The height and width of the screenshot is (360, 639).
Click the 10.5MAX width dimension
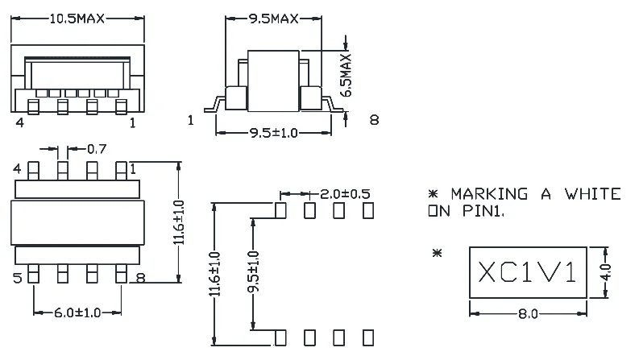pyautogui.click(x=77, y=19)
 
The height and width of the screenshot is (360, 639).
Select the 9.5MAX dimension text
pyautogui.click(x=274, y=19)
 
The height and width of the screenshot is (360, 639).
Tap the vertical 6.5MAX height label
pyautogui.click(x=346, y=76)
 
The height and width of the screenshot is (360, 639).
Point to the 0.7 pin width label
pyautogui.click(x=97, y=149)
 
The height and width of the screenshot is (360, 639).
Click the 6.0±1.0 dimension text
pyautogui.click(x=77, y=312)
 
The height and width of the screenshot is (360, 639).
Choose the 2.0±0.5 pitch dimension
pyautogui.click(x=345, y=194)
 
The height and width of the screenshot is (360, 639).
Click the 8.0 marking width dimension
pyautogui.click(x=528, y=314)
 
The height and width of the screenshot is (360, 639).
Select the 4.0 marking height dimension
pyautogui.click(x=606, y=272)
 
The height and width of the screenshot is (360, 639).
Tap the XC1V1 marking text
pyautogui.click(x=528, y=272)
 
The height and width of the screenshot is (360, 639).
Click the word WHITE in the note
pyautogui.click(x=593, y=194)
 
